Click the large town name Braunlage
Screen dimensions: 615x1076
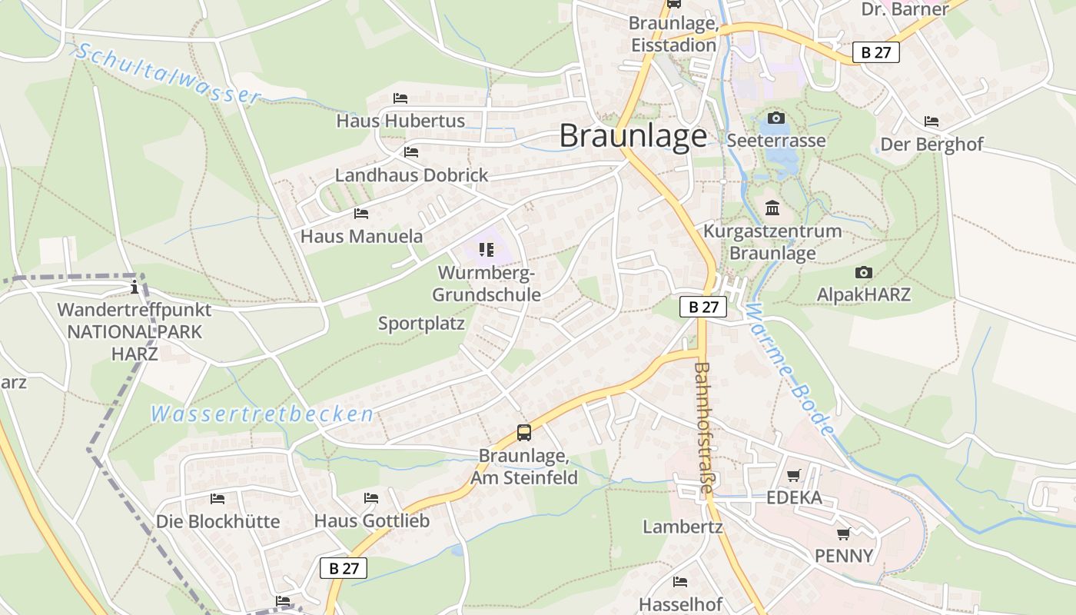point(633,136)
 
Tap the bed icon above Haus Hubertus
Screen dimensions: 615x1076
point(400,98)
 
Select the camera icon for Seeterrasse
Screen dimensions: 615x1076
point(776,118)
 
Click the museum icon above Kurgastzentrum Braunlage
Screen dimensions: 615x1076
point(772,208)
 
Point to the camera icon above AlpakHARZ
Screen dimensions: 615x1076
point(863,273)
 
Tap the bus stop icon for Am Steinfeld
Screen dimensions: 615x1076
point(524,433)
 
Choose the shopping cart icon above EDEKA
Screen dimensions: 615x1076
point(793,476)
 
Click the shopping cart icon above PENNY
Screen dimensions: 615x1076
point(844,534)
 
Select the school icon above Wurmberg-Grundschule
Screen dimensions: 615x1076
point(486,250)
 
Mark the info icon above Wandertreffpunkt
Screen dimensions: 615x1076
point(135,288)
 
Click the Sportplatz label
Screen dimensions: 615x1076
point(421,324)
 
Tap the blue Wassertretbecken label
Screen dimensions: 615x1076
point(262,414)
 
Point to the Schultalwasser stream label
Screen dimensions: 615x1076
point(168,74)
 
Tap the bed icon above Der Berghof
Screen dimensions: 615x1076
point(932,121)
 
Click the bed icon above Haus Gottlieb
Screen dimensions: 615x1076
point(371,498)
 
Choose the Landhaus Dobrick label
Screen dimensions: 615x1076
point(411,175)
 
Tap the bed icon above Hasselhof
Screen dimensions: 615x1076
point(679,581)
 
